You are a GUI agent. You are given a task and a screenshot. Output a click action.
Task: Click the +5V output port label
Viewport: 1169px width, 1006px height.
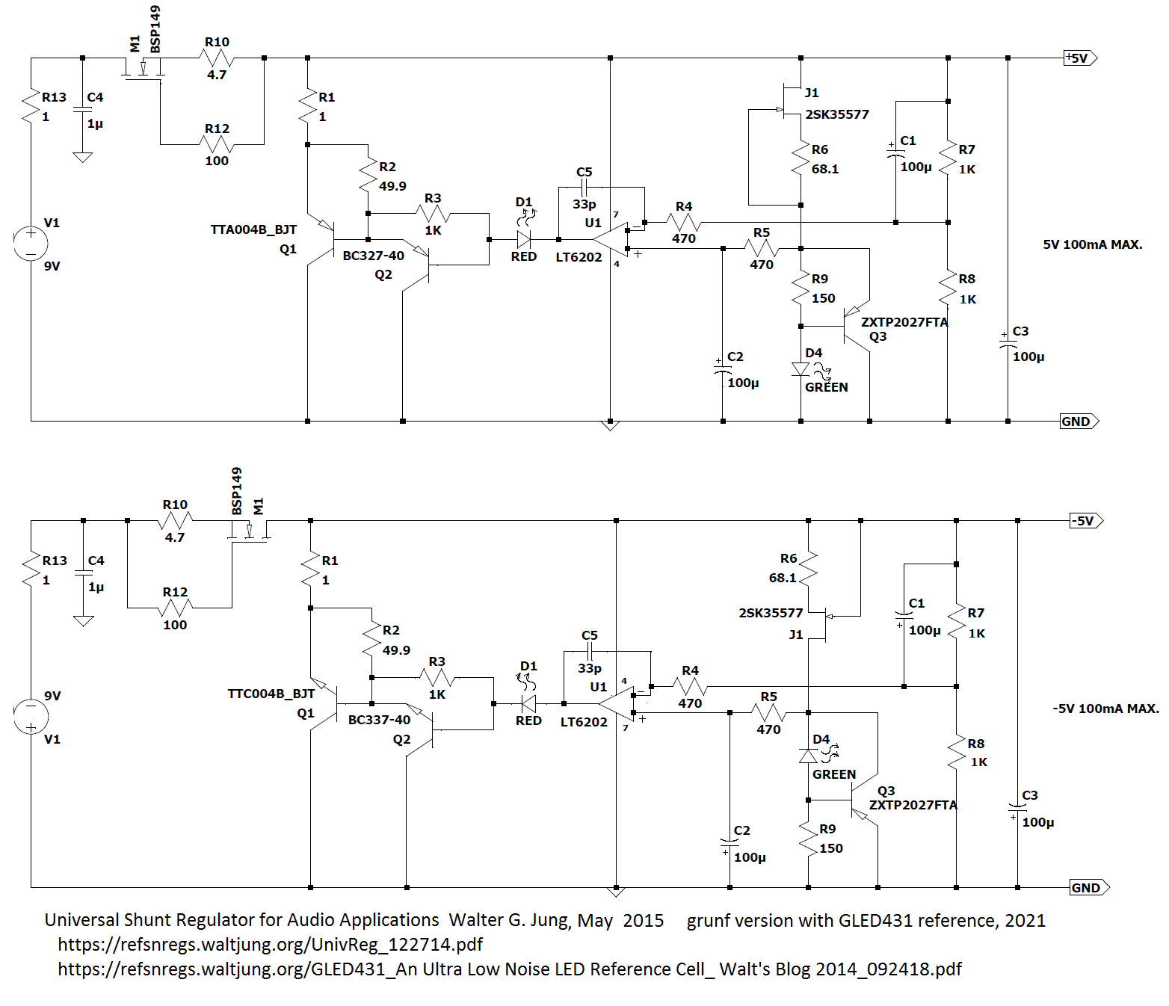click(x=1079, y=58)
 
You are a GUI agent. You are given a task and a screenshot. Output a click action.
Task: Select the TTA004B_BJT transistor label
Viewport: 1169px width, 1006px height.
click(x=253, y=229)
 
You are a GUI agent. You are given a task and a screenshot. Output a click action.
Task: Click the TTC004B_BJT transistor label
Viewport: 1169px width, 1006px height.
click(x=271, y=694)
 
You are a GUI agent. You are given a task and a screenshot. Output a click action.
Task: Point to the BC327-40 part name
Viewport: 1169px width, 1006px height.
click(x=373, y=256)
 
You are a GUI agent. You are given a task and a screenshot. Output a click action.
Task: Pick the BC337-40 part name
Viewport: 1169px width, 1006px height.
click(x=379, y=720)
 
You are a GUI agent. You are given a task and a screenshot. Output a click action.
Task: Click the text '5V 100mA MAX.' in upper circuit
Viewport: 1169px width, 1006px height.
click(x=1093, y=245)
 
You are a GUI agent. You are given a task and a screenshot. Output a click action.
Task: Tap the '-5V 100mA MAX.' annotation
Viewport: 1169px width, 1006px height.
click(x=1105, y=709)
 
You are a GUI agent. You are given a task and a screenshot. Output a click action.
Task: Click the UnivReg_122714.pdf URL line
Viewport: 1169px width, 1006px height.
click(x=271, y=945)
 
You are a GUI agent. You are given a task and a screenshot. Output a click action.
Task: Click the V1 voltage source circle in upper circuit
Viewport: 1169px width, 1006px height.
click(x=31, y=243)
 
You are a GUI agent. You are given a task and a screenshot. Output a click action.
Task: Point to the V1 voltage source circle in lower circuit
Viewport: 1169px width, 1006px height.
click(x=31, y=716)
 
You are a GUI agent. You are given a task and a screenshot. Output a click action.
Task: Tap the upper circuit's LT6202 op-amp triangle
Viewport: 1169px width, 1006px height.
click(x=612, y=240)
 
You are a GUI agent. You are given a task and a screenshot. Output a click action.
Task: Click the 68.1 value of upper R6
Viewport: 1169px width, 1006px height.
click(x=825, y=169)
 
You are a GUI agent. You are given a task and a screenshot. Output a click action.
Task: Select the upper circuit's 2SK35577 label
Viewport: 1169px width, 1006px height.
click(x=837, y=115)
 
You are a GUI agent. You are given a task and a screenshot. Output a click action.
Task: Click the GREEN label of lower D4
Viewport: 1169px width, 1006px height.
click(x=834, y=774)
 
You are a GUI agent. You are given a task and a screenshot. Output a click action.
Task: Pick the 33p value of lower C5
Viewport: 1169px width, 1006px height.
click(x=589, y=668)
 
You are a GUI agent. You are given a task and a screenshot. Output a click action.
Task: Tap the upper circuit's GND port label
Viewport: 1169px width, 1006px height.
click(x=1076, y=422)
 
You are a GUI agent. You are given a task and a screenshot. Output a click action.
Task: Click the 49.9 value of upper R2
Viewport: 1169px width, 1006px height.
click(x=392, y=186)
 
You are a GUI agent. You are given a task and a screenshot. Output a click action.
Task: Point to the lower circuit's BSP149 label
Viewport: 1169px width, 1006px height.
click(x=236, y=491)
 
